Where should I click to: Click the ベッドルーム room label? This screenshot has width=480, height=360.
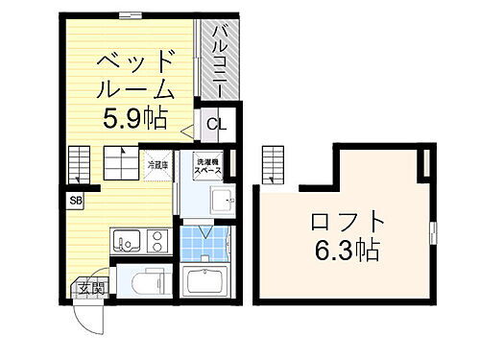[x=133, y=75]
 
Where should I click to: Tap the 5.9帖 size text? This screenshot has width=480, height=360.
[x=133, y=119]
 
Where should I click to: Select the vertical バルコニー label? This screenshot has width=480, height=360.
[x=218, y=57]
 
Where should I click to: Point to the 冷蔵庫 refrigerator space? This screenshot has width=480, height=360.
[x=156, y=164]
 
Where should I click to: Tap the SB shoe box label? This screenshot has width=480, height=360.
[x=74, y=201]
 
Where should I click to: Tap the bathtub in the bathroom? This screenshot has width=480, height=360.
[x=204, y=283]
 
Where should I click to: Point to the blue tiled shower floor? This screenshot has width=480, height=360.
[x=204, y=245]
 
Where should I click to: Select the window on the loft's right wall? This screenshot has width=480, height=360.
[x=433, y=231]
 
